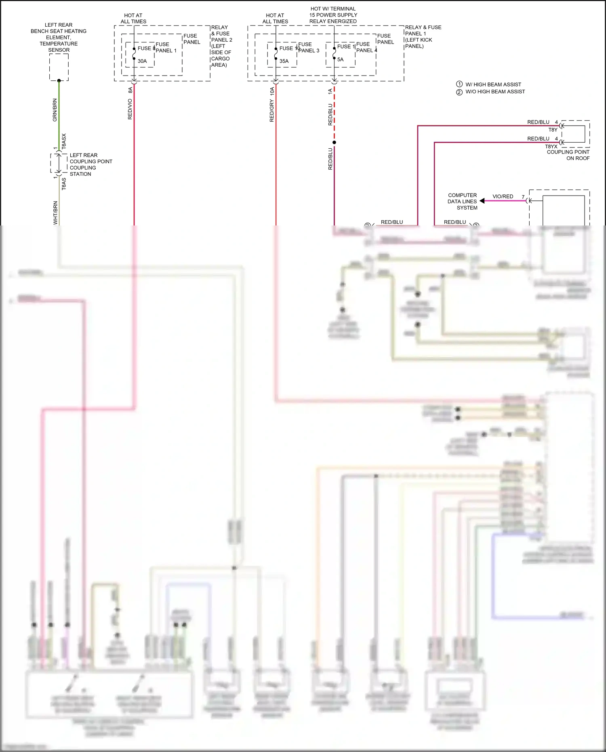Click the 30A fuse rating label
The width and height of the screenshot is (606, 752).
(142, 61)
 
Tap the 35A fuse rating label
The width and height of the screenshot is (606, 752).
(284, 61)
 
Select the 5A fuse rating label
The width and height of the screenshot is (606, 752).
(341, 60)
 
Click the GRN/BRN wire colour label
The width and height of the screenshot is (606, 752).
(55, 110)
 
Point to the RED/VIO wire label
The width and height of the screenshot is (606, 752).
(130, 109)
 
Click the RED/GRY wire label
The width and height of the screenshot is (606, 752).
(272, 111)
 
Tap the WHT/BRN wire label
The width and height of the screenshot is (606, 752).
(55, 213)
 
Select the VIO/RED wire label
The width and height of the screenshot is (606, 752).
(503, 197)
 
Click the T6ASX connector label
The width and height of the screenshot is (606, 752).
(64, 141)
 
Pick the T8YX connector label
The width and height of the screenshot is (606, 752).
(551, 147)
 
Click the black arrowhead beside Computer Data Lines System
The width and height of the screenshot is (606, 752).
(482, 201)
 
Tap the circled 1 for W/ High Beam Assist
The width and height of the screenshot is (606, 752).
(459, 84)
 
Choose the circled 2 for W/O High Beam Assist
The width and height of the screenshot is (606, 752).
(459, 92)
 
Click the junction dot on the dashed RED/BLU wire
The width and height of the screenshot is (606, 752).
(334, 142)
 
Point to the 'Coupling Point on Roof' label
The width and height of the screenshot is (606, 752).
(568, 155)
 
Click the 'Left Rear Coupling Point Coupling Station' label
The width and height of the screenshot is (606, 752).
(90, 164)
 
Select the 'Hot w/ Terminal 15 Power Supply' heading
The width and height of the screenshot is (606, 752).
(333, 15)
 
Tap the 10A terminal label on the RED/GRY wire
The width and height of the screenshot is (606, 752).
(272, 91)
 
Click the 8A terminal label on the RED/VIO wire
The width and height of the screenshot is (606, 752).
(130, 90)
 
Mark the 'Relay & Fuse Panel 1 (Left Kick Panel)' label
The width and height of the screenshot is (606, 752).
(423, 37)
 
